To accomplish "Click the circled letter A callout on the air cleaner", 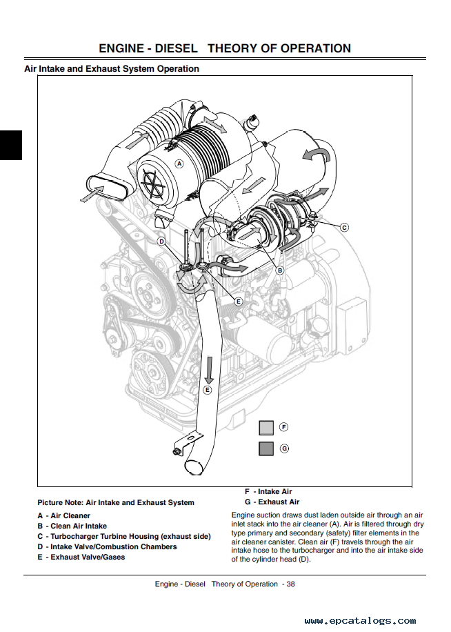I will coord(179,164).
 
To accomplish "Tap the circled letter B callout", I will coord(280,270).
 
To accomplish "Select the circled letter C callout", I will coord(344,226).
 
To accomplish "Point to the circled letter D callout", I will coord(161,241).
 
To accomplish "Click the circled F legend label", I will coord(284,427).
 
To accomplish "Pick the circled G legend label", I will coord(284,448).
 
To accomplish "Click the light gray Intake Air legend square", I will coord(266,428).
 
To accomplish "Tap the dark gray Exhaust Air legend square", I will coord(266,448).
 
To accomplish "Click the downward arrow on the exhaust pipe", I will coord(208,370).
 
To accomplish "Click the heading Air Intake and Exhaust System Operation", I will coord(112,69).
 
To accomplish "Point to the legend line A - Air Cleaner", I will coord(64,515).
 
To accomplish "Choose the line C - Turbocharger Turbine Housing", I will coord(124,536).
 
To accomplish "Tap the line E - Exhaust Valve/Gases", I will coord(81,557).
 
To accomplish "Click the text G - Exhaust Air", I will coord(272,502).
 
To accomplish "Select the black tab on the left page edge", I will coord(10,145).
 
